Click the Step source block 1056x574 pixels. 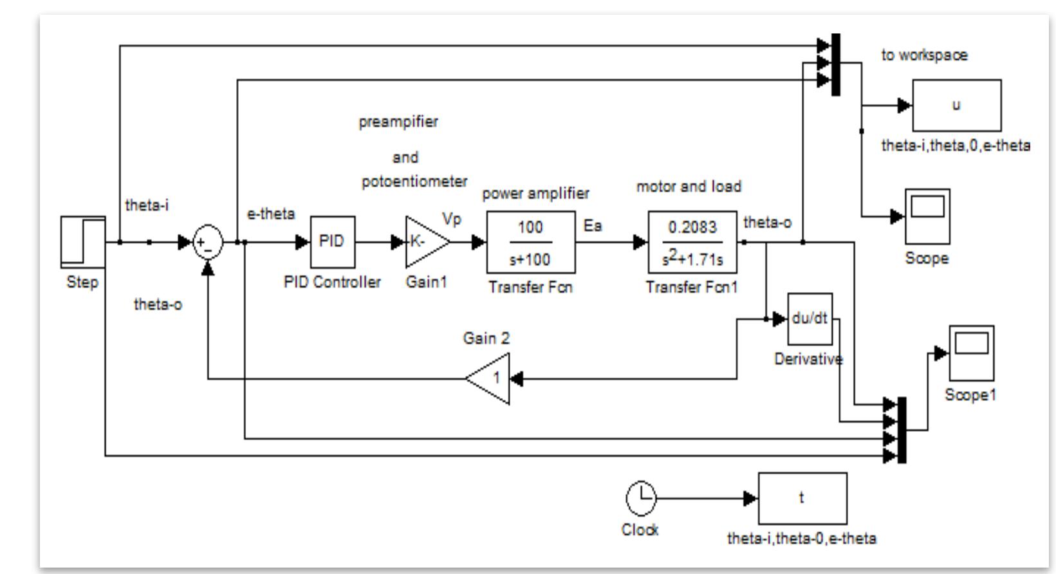click(83, 242)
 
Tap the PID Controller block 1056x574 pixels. click(332, 242)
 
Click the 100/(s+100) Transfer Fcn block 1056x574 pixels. click(530, 243)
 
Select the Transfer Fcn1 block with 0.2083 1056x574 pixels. click(692, 243)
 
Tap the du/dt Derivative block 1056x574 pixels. click(810, 319)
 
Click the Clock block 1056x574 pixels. click(641, 498)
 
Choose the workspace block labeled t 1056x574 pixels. click(802, 498)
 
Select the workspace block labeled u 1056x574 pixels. click(956, 105)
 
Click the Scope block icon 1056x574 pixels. click(927, 216)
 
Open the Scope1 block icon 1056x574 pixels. click(971, 353)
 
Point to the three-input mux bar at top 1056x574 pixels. click(835, 64)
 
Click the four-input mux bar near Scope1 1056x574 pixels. click(902, 430)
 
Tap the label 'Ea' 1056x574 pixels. click(592, 225)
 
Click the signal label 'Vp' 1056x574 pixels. click(452, 219)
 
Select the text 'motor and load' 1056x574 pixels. click(689, 187)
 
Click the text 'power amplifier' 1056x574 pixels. click(535, 193)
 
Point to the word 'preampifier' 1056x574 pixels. click(398, 122)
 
